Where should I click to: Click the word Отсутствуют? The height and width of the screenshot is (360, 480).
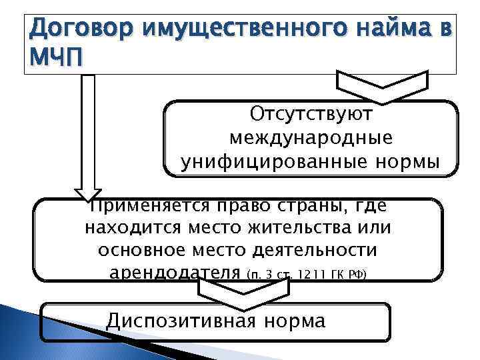(311, 114)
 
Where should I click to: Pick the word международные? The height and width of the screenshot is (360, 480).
(311, 138)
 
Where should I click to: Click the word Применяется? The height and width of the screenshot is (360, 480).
(148, 207)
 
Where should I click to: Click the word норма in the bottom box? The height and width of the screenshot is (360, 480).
(293, 321)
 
